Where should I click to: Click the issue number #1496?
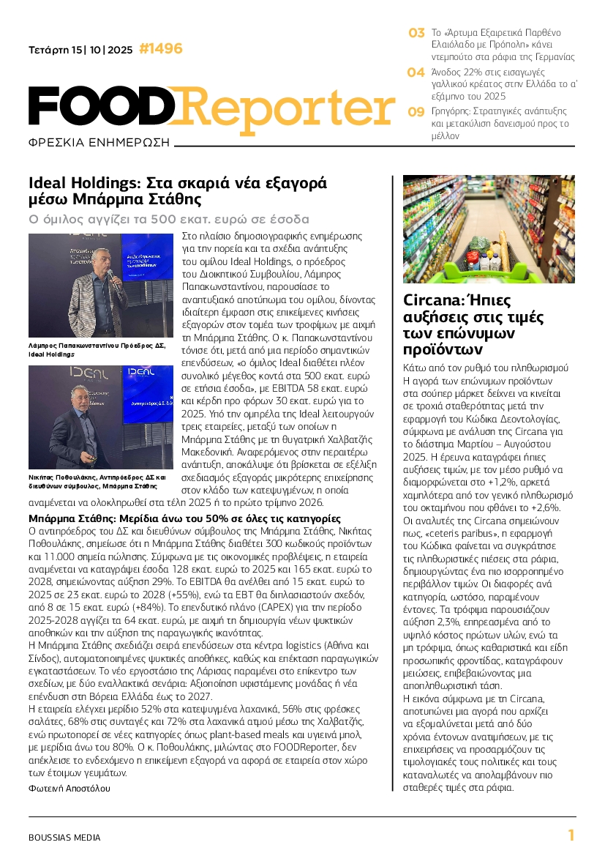point(160,49)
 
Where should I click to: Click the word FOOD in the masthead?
point(102,107)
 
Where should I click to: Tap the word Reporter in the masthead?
point(285,107)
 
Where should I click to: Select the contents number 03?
point(416,33)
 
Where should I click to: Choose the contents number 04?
point(416,72)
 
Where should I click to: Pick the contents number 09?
point(416,112)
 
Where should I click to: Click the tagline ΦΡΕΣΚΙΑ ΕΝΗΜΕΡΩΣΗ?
point(99,141)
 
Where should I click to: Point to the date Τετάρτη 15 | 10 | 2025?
point(80,51)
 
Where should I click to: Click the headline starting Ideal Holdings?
point(177,190)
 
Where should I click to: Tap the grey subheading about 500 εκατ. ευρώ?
point(169,219)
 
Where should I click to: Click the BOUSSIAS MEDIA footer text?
point(64,837)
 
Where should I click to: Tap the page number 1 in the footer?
point(571,835)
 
